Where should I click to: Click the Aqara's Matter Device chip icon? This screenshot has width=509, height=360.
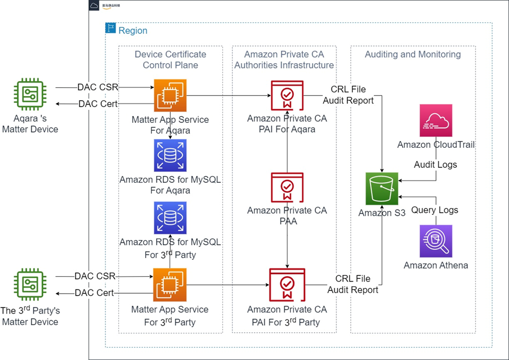click(x=29, y=95)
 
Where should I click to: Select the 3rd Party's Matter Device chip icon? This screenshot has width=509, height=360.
click(x=29, y=285)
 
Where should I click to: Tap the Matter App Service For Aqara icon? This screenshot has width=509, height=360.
click(x=170, y=96)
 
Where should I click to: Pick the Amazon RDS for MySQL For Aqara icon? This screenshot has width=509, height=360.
click(x=170, y=155)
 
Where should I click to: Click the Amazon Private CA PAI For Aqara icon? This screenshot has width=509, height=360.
click(x=287, y=96)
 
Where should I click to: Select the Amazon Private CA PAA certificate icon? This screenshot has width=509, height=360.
click(x=287, y=187)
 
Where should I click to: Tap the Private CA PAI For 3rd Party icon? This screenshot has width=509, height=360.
click(x=287, y=285)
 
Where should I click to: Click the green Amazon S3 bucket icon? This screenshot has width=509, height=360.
click(x=382, y=189)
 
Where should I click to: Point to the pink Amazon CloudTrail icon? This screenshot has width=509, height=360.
click(x=436, y=120)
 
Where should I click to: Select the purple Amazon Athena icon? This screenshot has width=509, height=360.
click(x=436, y=241)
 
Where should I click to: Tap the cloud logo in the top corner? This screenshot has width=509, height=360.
click(x=94, y=5)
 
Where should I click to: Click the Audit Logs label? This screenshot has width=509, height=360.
click(x=435, y=165)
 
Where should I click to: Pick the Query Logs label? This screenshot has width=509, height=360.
click(x=435, y=210)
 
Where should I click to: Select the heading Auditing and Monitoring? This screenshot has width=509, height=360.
click(x=413, y=54)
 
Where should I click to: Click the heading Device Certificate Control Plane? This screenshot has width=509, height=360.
click(x=170, y=60)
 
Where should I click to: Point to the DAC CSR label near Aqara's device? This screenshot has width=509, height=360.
click(x=98, y=87)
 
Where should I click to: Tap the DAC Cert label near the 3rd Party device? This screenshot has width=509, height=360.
click(x=94, y=293)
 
